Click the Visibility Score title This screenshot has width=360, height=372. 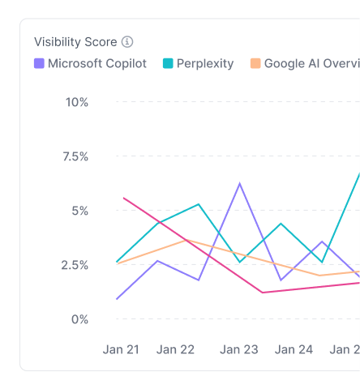pos(75,42)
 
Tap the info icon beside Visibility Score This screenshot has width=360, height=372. pos(127,42)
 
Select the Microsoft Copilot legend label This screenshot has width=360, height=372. pos(97,63)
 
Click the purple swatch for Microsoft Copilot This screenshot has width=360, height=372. pos(39,63)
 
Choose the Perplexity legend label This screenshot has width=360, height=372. pos(205,63)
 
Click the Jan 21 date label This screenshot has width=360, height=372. pos(121,349)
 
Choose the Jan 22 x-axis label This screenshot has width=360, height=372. pos(176,349)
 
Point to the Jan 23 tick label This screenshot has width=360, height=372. pos(239,349)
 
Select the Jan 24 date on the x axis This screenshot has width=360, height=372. pos(294,349)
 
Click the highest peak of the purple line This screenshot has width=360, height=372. pos(239,184)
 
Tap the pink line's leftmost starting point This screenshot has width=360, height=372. pos(123,197)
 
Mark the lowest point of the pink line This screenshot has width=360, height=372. pos(263,293)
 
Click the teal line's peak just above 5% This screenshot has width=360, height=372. pos(199,204)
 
